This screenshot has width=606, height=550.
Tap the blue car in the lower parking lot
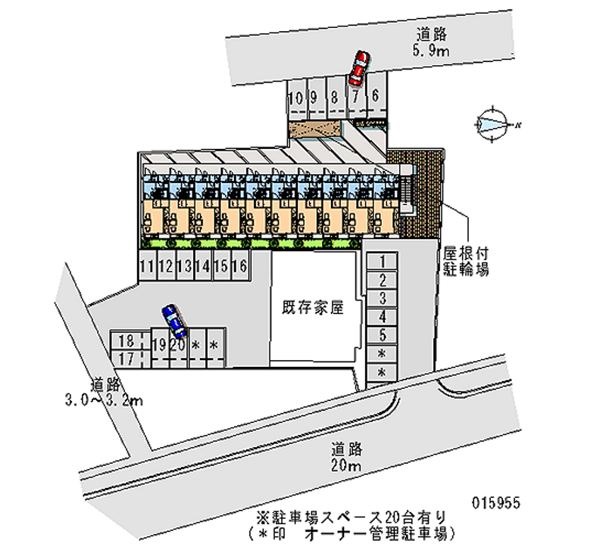(173, 320)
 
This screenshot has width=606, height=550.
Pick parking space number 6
(375, 96)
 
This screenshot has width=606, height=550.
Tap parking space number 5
(383, 335)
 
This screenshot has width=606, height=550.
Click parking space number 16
(239, 266)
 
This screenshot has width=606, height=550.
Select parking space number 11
(147, 266)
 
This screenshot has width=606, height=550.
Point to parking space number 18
(127, 340)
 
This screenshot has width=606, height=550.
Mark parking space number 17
(127, 357)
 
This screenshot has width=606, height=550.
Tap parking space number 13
(184, 266)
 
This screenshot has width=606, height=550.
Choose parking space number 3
(383, 299)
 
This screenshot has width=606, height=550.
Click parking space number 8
(334, 98)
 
